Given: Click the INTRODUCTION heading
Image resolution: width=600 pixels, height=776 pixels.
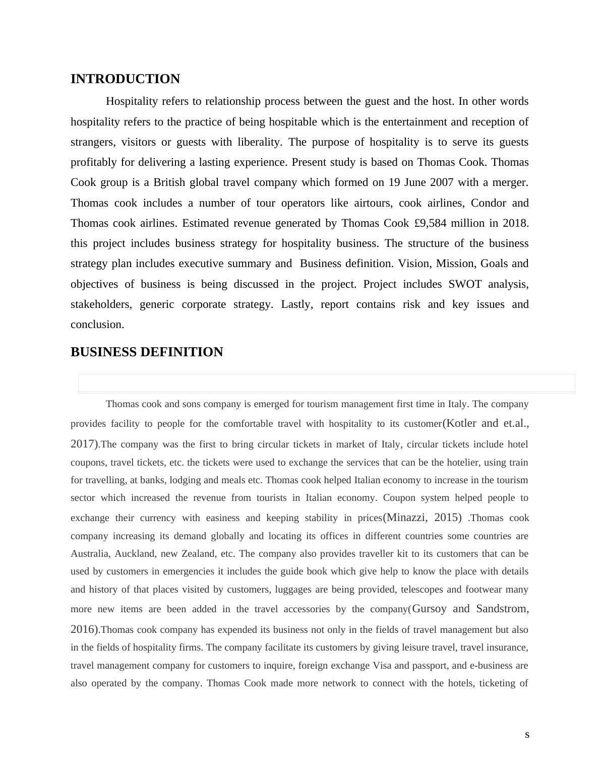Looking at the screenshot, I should click(x=125, y=79).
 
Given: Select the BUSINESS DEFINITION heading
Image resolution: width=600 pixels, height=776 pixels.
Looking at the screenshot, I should click(x=146, y=352).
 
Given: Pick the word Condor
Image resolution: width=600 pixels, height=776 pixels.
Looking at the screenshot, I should click(x=489, y=203).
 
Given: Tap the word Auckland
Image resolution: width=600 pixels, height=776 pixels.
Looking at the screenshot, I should click(x=135, y=554).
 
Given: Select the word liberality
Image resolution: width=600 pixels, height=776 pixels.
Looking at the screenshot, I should click(x=259, y=142).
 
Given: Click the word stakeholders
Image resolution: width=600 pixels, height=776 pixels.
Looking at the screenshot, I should click(x=101, y=304).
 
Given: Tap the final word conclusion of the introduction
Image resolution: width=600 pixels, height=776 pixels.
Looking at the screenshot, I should click(x=97, y=325).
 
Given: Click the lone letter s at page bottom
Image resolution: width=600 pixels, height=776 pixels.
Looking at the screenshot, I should click(x=527, y=735).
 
